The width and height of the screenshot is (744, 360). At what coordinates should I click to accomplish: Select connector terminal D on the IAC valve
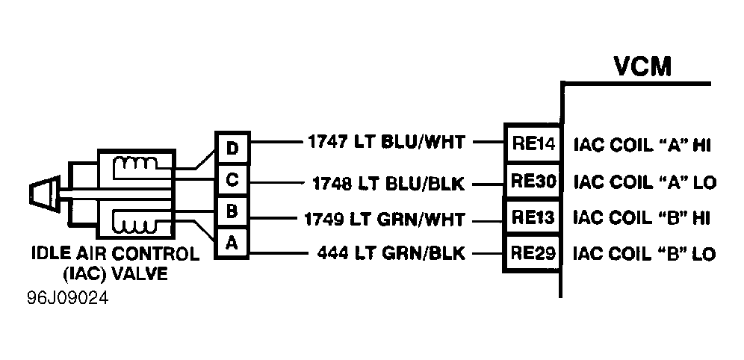click(x=232, y=149)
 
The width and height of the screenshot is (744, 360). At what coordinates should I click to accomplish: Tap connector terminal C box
click(x=232, y=180)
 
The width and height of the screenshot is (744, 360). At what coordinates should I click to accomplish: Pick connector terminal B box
click(x=232, y=211)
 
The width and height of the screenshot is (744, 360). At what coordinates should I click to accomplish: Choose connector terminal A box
click(x=232, y=243)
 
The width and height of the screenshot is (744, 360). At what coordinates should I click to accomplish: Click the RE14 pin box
click(x=533, y=143)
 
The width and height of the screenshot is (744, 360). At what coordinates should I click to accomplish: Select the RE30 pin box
click(x=533, y=181)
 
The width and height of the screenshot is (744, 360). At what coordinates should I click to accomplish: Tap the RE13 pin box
click(x=533, y=217)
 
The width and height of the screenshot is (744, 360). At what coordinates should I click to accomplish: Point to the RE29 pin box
click(x=533, y=253)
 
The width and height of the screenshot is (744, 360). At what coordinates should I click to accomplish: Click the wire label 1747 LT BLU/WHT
click(x=386, y=142)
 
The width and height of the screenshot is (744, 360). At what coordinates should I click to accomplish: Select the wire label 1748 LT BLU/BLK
click(x=388, y=183)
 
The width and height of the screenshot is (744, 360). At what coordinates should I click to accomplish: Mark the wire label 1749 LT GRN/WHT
click(x=385, y=220)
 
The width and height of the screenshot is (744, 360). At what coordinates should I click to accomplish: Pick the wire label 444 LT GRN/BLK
click(x=391, y=253)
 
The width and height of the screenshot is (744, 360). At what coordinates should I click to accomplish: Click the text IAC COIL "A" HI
click(x=642, y=145)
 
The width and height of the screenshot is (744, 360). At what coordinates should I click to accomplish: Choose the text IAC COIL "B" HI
click(x=642, y=218)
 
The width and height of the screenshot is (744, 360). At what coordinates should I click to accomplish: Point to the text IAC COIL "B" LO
click(x=645, y=254)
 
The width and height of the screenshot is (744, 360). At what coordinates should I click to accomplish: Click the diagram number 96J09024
click(x=67, y=298)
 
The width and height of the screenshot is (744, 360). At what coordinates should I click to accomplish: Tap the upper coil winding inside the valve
click(x=135, y=164)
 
